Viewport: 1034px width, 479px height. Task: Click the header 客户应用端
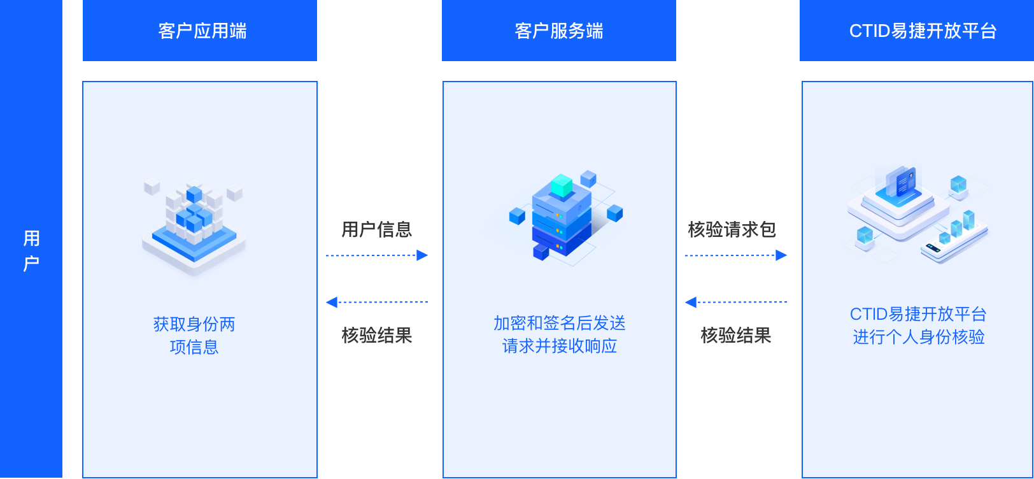click(202, 31)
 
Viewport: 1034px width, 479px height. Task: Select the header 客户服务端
click(559, 31)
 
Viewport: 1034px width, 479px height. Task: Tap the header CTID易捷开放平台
click(923, 31)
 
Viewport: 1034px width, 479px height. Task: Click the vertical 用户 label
click(31, 251)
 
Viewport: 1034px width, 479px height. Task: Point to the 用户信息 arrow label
click(377, 229)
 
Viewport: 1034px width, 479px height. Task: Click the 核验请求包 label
click(732, 229)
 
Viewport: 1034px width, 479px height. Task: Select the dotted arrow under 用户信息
click(377, 255)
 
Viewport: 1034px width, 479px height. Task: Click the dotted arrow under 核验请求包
click(736, 255)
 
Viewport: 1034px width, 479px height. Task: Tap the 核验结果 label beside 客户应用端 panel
click(377, 335)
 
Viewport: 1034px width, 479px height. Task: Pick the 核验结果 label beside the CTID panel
click(736, 335)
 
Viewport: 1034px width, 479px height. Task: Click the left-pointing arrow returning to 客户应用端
click(377, 302)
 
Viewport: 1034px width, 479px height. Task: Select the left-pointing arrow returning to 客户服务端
click(736, 302)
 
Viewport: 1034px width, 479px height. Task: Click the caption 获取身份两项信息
click(194, 335)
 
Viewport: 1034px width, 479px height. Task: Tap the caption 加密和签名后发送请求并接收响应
click(560, 334)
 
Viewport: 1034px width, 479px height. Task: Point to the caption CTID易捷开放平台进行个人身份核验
click(918, 325)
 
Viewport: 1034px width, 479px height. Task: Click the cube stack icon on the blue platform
click(194, 226)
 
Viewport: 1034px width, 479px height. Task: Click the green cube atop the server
click(562, 186)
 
